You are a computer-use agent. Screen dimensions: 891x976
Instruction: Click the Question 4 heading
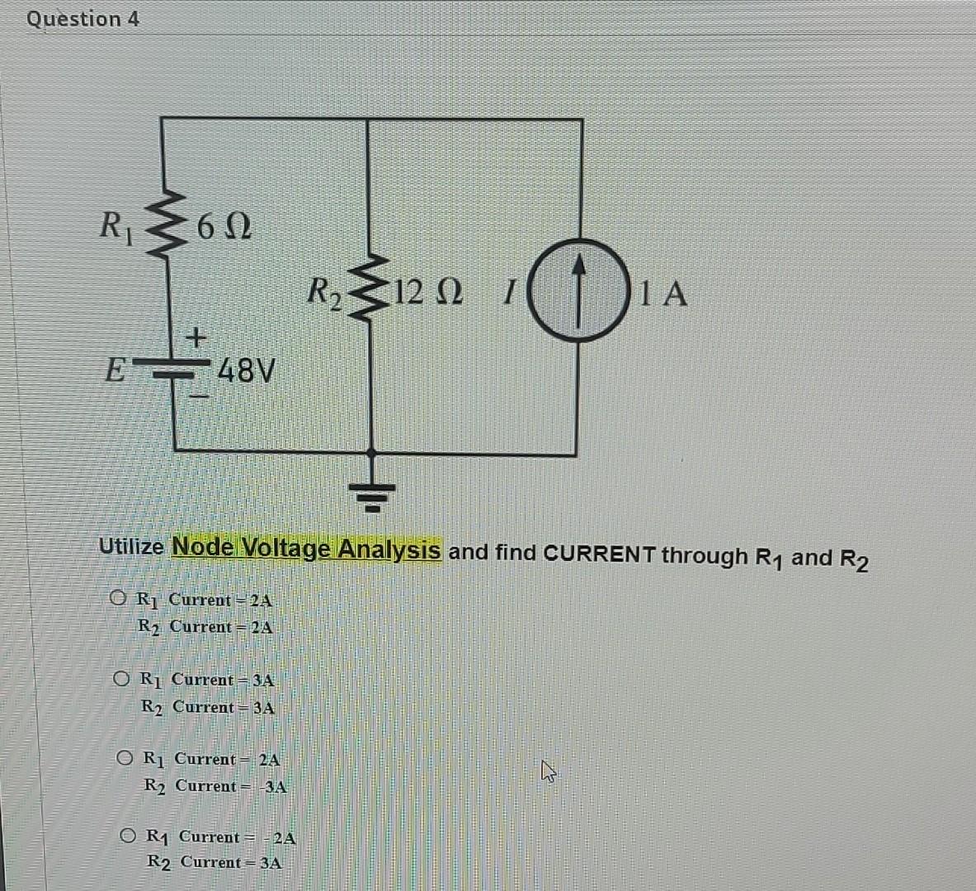(83, 18)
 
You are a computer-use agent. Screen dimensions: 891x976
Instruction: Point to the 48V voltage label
(244, 371)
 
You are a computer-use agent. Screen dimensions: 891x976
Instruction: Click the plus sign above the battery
(196, 337)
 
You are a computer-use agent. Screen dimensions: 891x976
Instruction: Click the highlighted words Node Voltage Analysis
(306, 548)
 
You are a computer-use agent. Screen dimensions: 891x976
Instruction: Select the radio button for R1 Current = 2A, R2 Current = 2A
(118, 597)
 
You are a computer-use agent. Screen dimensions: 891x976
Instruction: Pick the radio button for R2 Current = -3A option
(125, 757)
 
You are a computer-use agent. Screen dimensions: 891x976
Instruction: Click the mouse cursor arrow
(548, 772)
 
